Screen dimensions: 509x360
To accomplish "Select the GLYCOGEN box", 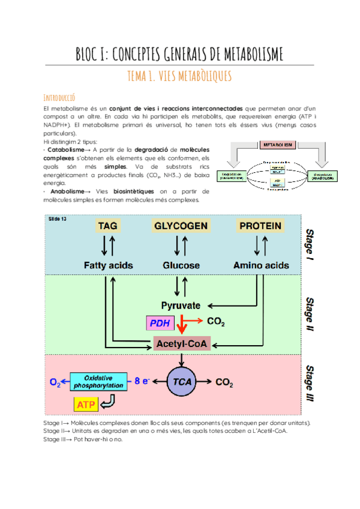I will click(x=181, y=226).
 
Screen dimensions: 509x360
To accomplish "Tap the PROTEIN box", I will click(x=260, y=226).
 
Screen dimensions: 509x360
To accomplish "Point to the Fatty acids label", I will click(x=108, y=265).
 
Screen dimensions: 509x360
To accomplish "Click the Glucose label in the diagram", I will click(x=181, y=265).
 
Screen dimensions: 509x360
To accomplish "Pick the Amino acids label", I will click(x=260, y=265).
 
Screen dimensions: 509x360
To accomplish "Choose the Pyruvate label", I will click(x=181, y=305).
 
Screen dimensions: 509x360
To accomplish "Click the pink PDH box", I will click(x=159, y=324).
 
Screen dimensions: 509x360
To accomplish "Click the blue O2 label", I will click(x=55, y=381).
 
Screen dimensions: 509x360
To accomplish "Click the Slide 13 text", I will click(x=58, y=219).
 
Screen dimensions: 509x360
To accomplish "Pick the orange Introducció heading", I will click(x=59, y=97).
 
